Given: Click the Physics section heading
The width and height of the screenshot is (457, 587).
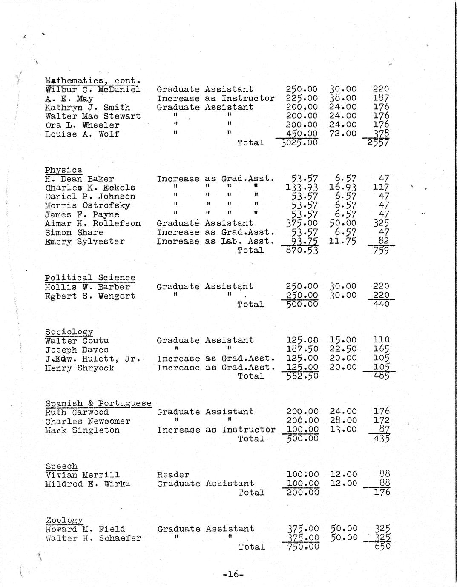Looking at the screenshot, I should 63,170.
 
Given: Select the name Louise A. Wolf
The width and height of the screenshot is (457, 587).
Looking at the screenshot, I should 82,134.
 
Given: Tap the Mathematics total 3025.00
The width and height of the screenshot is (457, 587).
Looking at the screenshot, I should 299,142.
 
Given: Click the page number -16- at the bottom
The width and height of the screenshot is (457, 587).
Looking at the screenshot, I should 233,574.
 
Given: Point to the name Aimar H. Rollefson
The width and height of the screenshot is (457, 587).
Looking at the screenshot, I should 93,223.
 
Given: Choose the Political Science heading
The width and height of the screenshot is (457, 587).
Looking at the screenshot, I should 90,278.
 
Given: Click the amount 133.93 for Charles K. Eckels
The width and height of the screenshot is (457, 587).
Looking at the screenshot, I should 302,188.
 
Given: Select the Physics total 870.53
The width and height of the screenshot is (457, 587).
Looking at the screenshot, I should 302,251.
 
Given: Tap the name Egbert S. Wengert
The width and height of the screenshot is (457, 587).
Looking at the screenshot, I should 90,296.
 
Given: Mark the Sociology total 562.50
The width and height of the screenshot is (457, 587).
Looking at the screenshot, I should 302,376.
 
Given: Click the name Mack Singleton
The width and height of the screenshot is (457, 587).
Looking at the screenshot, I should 82,430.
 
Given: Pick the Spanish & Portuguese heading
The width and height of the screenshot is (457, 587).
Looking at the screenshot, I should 98,403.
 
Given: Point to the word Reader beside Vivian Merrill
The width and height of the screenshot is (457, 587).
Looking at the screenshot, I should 173,475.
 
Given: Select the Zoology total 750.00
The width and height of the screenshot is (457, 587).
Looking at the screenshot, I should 303,547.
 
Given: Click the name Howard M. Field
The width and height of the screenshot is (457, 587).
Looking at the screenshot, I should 85,529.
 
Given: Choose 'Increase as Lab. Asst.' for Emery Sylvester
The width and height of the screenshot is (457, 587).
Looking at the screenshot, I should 216,241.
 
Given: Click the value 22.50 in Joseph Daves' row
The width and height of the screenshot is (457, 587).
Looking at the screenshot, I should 343,350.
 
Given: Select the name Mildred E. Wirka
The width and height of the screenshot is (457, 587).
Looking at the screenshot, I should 87,484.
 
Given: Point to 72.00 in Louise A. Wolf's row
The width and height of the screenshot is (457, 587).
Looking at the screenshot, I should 343,134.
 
